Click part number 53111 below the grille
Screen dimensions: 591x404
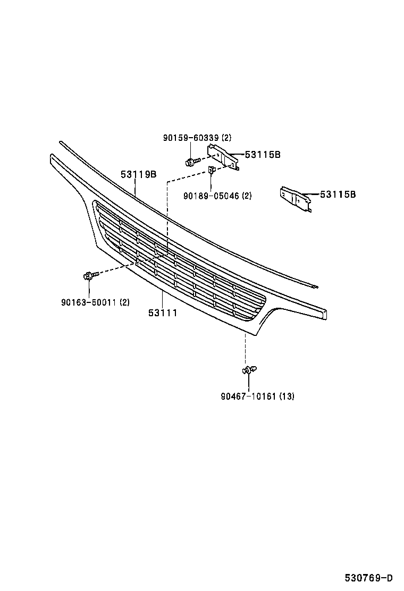(163, 313)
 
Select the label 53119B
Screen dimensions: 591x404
(138, 174)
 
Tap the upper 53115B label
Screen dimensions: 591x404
(263, 155)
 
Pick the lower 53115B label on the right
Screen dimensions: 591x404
(338, 195)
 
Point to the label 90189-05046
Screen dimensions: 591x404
(211, 196)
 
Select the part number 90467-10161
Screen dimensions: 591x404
(247, 396)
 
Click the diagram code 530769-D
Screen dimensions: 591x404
(368, 578)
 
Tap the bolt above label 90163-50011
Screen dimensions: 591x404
(89, 276)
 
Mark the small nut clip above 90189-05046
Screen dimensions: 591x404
(211, 170)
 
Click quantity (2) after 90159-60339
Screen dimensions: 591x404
(225, 138)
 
